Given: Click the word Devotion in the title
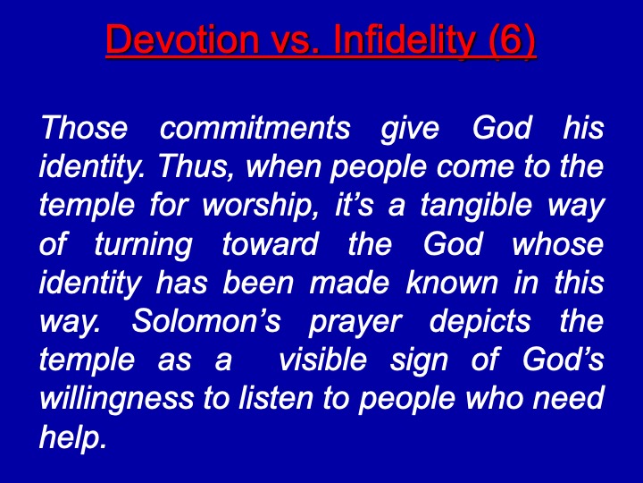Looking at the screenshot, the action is point(182,39).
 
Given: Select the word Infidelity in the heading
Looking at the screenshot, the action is point(404,40).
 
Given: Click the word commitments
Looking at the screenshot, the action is point(255,128).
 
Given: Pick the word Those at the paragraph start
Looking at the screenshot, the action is point(84,127).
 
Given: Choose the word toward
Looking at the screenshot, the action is point(270,243).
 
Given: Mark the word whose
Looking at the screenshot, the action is point(557,243).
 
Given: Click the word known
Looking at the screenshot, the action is point(451,282).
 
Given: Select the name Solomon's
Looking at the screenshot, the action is point(206,321).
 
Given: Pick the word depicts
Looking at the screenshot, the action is point(480,322).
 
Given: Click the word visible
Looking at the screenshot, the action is point(322,360).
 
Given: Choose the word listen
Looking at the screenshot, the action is point(276,398).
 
